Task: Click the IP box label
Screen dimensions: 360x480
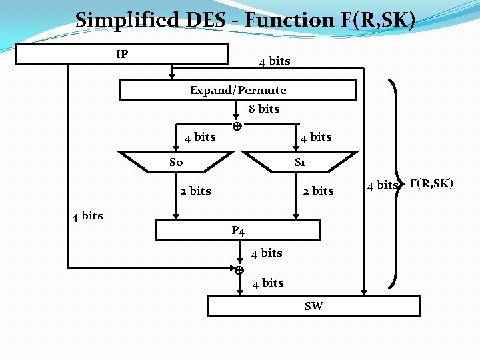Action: coord(122,54)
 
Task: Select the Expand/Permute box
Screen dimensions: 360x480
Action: coord(238,90)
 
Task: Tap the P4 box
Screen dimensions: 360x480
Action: coord(238,231)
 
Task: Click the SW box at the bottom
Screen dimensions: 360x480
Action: coord(313,306)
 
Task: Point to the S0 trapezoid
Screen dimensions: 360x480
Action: coord(177,162)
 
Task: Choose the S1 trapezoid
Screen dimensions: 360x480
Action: coord(300,162)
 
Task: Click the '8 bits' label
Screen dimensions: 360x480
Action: coord(264,109)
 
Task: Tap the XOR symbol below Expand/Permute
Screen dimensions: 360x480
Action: coord(237,126)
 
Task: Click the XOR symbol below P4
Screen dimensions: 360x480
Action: coord(238,270)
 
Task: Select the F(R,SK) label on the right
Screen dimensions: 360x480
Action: coord(431,183)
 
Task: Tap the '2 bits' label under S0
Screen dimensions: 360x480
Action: coord(195,191)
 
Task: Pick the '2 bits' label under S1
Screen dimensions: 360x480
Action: coord(318,191)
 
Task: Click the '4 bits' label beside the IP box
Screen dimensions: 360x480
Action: coord(275,61)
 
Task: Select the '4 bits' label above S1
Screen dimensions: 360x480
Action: coord(316,137)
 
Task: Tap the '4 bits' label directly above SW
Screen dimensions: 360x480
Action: coord(268,283)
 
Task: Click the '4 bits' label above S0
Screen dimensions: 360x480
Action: coord(200,137)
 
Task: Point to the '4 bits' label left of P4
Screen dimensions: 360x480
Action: coord(87,215)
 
